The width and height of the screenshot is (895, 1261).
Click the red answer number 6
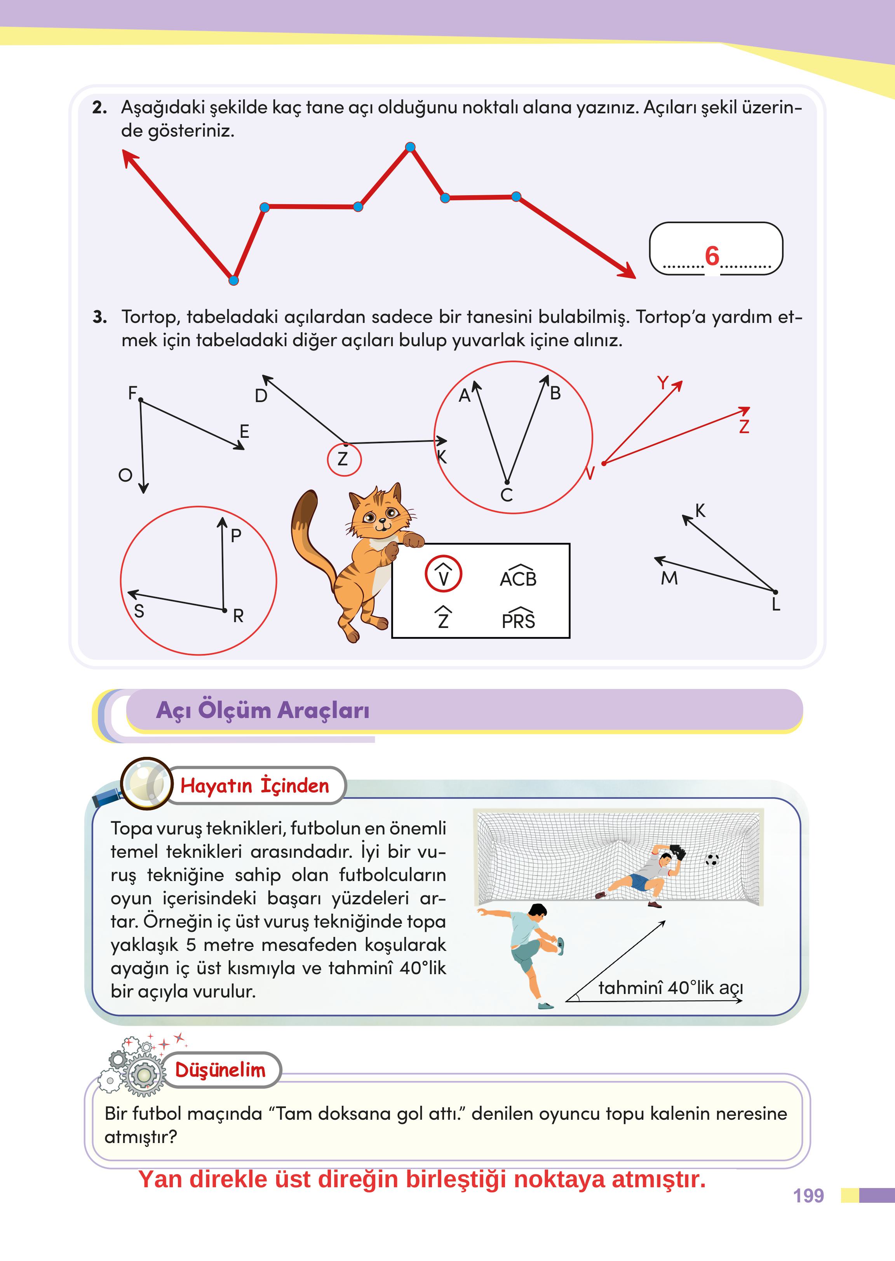point(712,256)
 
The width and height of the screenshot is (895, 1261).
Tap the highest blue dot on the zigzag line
point(410,147)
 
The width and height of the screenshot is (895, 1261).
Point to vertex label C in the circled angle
point(507,495)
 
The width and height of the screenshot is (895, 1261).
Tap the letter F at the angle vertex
point(132,393)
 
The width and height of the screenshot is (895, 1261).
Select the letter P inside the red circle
point(236,535)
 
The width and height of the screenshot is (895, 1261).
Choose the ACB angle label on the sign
point(518,577)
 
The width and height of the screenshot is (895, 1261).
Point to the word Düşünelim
point(220,1070)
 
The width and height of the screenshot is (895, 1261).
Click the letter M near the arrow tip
point(669,578)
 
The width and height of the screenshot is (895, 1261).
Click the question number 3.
point(100,317)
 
